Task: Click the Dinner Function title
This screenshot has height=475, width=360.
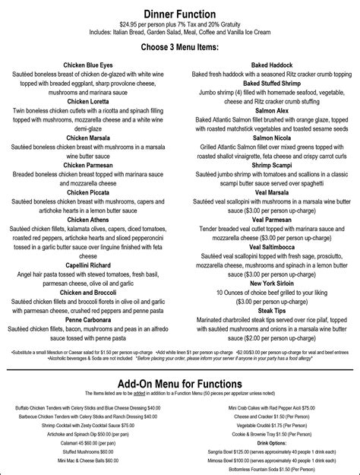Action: pyautogui.click(x=180, y=14)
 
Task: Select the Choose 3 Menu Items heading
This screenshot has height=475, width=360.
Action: pyautogui.click(x=180, y=47)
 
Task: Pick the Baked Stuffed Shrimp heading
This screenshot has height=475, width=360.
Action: pyautogui.click(x=271, y=84)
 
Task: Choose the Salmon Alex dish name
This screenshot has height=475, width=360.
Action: pyautogui.click(x=271, y=111)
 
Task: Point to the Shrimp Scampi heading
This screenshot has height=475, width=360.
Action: pyautogui.click(x=271, y=165)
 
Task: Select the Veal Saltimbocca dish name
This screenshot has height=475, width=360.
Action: pyautogui.click(x=271, y=246)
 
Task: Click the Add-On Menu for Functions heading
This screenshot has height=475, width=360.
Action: pyautogui.click(x=180, y=379)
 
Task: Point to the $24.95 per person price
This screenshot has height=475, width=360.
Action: pyautogui.click(x=123, y=25)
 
